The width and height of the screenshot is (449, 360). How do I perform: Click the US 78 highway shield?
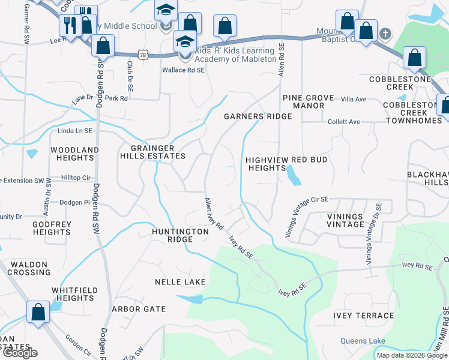pyautogui.click(x=142, y=55)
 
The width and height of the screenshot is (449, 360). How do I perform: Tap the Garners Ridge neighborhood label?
pyautogui.click(x=258, y=116)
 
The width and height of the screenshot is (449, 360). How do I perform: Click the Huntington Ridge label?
pyautogui.click(x=172, y=235)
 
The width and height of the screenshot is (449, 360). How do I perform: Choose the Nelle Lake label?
pyautogui.click(x=180, y=282)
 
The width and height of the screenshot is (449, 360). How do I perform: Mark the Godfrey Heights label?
pyautogui.click(x=52, y=228)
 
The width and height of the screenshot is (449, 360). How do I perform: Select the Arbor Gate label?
pyautogui.click(x=138, y=309)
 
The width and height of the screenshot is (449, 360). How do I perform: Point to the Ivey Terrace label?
pyautogui.click(x=364, y=316)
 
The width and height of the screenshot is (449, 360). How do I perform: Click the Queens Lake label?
pyautogui.click(x=363, y=341)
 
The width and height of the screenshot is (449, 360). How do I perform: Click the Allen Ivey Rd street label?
pyautogui.click(x=214, y=214)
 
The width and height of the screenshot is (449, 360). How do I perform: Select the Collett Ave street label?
pyautogui.click(x=343, y=122)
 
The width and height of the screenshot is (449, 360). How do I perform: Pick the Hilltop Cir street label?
pyautogui.click(x=76, y=178)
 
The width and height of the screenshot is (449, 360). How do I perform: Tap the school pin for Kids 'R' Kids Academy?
pyautogui.click(x=185, y=43)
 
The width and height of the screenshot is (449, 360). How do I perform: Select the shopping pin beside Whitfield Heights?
pyautogui.click(x=38, y=312)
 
